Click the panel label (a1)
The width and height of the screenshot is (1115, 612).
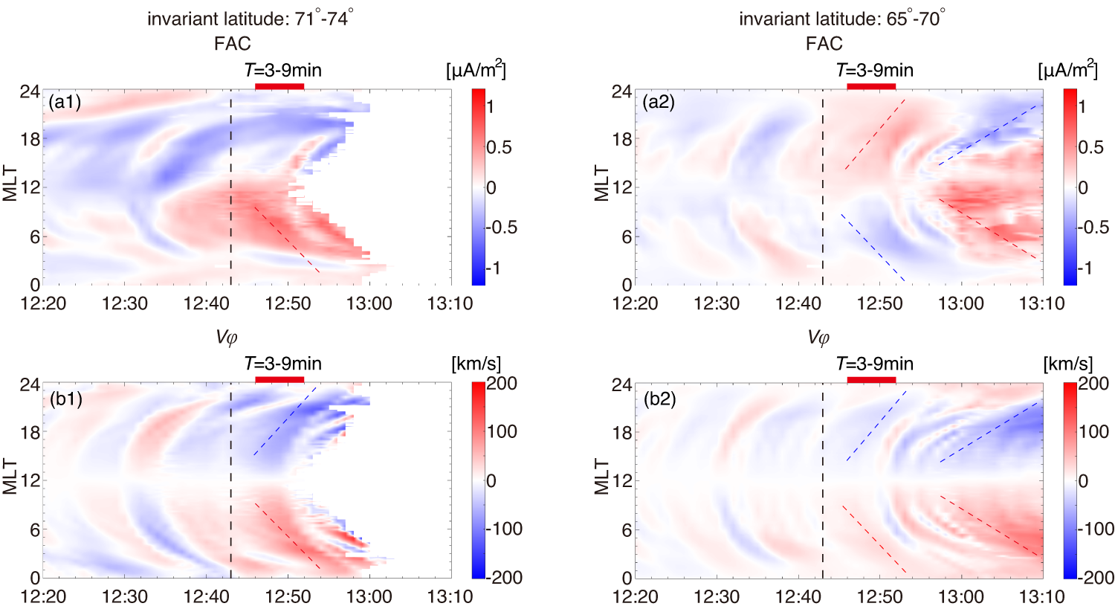click(x=65, y=102)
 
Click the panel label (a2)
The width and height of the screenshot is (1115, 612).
click(x=659, y=102)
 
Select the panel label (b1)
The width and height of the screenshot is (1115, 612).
click(x=65, y=399)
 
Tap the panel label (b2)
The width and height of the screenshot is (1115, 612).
click(x=659, y=399)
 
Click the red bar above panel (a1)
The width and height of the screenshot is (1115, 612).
click(x=279, y=86)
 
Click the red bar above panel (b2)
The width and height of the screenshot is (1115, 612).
click(x=871, y=380)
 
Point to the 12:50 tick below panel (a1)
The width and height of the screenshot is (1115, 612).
click(x=288, y=303)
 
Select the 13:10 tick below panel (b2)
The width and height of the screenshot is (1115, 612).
click(x=1042, y=596)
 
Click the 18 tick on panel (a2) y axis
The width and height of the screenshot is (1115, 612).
click(x=621, y=139)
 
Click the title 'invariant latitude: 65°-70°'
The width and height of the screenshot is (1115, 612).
click(x=841, y=19)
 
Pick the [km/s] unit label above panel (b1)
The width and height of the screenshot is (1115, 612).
click(x=476, y=364)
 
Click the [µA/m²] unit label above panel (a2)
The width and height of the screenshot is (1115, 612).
click(x=1067, y=70)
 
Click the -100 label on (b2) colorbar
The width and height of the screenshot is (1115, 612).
click(x=1096, y=529)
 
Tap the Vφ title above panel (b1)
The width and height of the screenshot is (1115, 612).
click(x=227, y=338)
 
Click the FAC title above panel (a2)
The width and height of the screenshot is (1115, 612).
click(x=824, y=44)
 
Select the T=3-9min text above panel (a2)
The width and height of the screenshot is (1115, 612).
click(x=874, y=70)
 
